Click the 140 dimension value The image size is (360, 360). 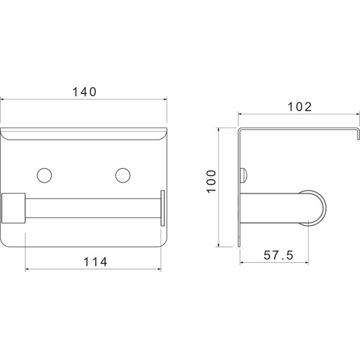(84, 92)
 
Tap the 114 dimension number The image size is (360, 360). (95, 262)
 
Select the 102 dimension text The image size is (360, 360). (299, 107)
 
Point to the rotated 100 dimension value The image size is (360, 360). (212, 182)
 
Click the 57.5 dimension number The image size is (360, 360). (279, 255)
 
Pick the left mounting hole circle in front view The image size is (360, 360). (44, 176)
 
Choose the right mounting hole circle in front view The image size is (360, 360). (123, 176)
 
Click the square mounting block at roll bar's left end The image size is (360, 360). (13, 208)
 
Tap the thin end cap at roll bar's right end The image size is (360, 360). (162, 208)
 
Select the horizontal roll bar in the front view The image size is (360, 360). (93, 208)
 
